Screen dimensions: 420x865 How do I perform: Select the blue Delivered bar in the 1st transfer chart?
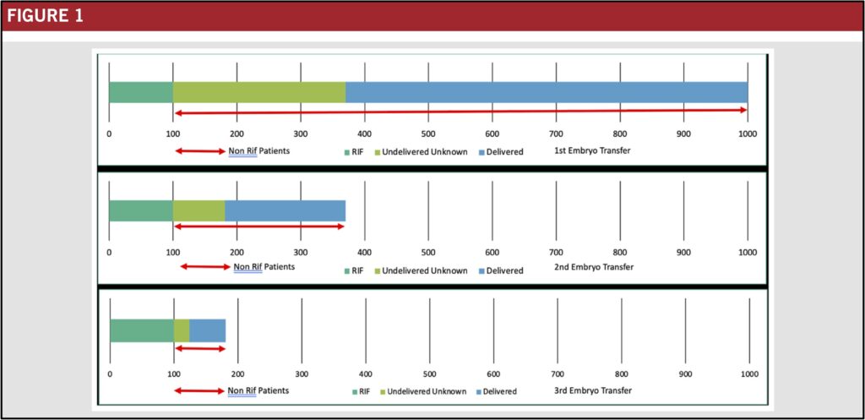coord(546,92)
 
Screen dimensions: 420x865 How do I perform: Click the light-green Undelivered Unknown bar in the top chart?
coord(258,92)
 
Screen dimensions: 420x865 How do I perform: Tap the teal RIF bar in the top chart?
coord(140,92)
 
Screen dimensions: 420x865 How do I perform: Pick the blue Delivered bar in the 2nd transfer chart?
coord(285,210)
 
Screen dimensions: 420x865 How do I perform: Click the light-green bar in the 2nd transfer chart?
coord(199,210)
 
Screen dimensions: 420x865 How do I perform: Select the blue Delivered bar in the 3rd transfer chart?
coord(207,330)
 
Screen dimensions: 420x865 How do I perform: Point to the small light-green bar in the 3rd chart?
coord(182,330)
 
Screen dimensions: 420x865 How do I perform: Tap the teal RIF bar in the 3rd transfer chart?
coord(142,330)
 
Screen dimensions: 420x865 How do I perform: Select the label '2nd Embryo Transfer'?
coord(594,268)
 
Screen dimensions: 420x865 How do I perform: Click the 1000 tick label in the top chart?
coord(747,134)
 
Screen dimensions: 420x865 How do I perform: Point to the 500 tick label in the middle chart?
coord(428,252)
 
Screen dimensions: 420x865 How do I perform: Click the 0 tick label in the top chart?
coord(109,134)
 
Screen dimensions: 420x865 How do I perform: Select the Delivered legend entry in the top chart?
coord(503,152)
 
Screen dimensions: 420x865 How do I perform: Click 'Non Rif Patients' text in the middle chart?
coord(264,267)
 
